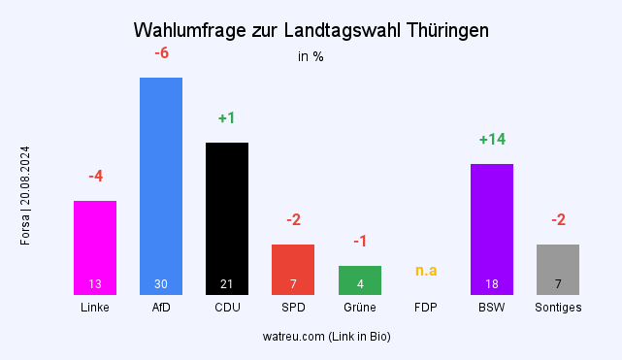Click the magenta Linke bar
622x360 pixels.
(x=95, y=243)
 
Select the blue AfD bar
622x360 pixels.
(x=161, y=180)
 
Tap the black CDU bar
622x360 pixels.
(x=227, y=213)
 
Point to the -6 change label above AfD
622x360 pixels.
(x=161, y=53)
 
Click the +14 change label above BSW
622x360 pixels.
(x=492, y=140)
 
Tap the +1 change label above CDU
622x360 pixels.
(x=227, y=118)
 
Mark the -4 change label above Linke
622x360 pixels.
(x=95, y=177)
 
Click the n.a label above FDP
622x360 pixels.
(x=426, y=270)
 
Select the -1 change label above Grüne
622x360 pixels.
(x=359, y=241)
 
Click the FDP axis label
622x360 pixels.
(x=426, y=308)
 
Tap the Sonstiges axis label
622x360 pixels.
(x=558, y=308)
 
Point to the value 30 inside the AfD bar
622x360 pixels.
(x=161, y=284)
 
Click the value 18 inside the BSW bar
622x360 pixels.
(x=492, y=284)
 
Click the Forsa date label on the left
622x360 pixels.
(x=26, y=195)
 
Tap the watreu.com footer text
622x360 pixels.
(x=326, y=337)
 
